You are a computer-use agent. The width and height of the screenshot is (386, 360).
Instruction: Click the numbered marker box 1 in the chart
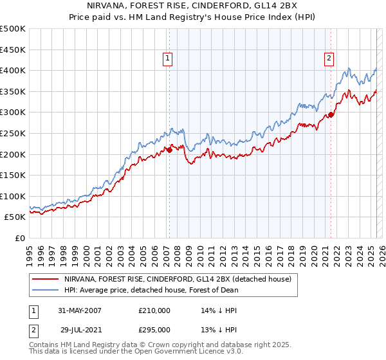[167, 59]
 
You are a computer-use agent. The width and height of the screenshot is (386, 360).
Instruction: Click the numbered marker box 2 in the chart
[329, 59]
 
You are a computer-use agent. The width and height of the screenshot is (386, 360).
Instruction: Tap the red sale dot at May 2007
[169, 150]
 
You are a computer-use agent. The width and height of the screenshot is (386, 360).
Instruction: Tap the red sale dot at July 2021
[331, 114]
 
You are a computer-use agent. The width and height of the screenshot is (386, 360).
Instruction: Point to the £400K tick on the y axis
[13, 70]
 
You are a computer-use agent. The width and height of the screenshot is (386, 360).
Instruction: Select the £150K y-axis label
[13, 175]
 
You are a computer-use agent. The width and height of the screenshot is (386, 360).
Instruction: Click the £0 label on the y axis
[19, 238]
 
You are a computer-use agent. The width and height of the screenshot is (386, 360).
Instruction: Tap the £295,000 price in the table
[154, 330]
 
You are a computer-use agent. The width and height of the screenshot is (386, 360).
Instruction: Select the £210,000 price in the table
[154, 310]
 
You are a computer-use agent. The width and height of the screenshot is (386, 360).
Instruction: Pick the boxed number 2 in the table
[32, 330]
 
